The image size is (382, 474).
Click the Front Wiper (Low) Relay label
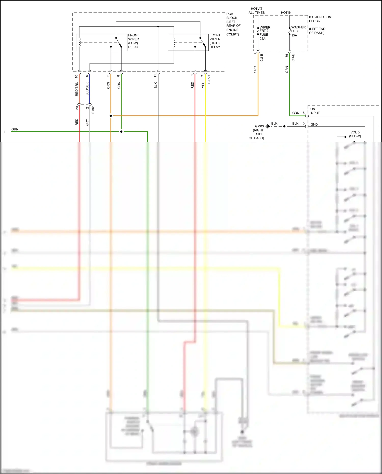pyautogui.click(x=134, y=41)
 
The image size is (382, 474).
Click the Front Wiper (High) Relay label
pyautogui.click(x=215, y=41)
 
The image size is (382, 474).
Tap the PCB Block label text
pyautogui.click(x=233, y=24)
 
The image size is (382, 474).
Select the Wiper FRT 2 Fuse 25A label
pyautogui.click(x=265, y=33)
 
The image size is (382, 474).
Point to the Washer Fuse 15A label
pyautogui.click(x=298, y=31)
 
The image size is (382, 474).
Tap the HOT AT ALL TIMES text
pyautogui.click(x=257, y=11)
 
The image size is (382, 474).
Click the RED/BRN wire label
pyautogui.click(x=77, y=89)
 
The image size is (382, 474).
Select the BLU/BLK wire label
pyautogui.click(x=87, y=89)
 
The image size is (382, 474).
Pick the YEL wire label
pyautogui.click(x=203, y=85)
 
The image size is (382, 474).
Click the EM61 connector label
pyautogui.click(x=93, y=110)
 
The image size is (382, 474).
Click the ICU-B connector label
pyautogui.click(x=262, y=58)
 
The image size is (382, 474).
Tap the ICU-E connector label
pyautogui.click(x=293, y=58)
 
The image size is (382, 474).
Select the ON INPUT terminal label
pyautogui.click(x=315, y=111)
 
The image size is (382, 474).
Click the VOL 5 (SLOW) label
pyautogui.click(x=355, y=134)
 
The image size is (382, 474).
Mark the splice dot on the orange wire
pyautogui.click(x=111, y=116)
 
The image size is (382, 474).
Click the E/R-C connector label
pyautogui.click(x=209, y=79)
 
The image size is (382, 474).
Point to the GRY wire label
pyautogui.click(x=87, y=122)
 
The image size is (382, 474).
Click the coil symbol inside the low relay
pyautogui.click(x=80, y=42)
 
